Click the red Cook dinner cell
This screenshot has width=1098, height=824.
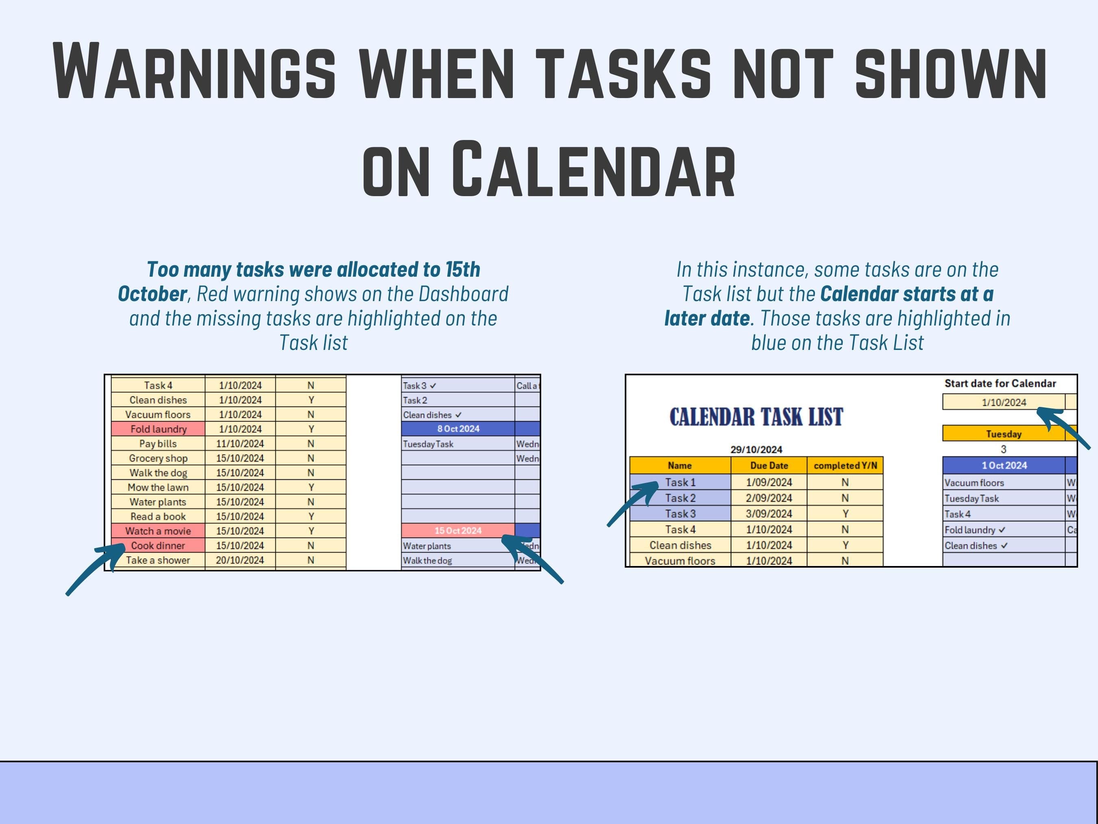pos(158,545)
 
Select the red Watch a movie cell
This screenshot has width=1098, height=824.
pos(158,531)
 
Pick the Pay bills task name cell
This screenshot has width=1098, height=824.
pos(158,444)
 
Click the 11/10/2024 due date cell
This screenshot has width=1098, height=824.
pos(240,444)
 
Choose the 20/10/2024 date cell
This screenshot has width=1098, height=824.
pos(240,560)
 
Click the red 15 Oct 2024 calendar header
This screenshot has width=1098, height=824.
pos(457,531)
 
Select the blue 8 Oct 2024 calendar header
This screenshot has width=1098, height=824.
pos(457,428)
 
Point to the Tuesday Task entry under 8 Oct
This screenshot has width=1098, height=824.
pos(428,444)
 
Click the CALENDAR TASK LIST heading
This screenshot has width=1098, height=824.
pos(756,417)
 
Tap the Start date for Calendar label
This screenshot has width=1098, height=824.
pos(1000,383)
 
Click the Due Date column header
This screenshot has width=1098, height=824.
pos(769,466)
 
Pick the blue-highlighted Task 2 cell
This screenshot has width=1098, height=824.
pos(680,498)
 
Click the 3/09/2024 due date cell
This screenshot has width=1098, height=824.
pos(769,514)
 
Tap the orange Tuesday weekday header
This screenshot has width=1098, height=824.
pos(1003,434)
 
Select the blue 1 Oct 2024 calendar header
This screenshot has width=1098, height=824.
pos(1004,466)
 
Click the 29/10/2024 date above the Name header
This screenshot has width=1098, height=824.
pos(756,450)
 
